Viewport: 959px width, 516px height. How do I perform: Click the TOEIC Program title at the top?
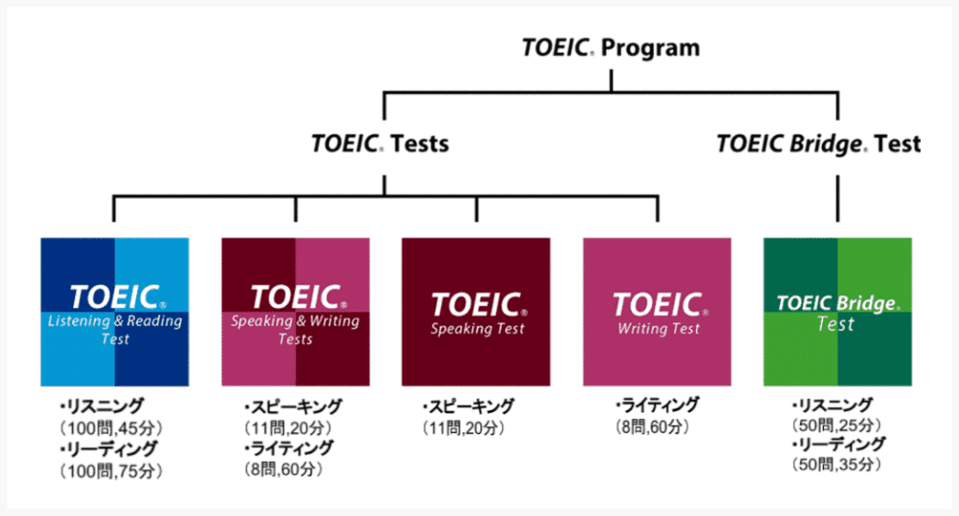click(610, 48)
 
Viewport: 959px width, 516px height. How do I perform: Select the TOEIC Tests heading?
click(380, 144)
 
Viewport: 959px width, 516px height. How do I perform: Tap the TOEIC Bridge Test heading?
click(817, 144)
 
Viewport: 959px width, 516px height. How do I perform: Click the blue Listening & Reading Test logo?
click(115, 311)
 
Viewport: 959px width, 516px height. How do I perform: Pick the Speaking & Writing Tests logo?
click(295, 311)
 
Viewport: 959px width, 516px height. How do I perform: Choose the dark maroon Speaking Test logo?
click(476, 311)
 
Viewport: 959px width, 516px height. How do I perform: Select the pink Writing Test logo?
click(657, 311)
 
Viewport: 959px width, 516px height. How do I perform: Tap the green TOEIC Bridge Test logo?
click(838, 311)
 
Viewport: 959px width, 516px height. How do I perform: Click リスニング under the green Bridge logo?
click(833, 405)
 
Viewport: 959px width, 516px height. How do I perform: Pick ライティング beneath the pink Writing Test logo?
click(658, 405)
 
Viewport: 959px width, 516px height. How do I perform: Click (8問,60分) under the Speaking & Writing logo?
click(283, 469)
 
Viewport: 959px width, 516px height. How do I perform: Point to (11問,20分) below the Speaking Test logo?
click(463, 427)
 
